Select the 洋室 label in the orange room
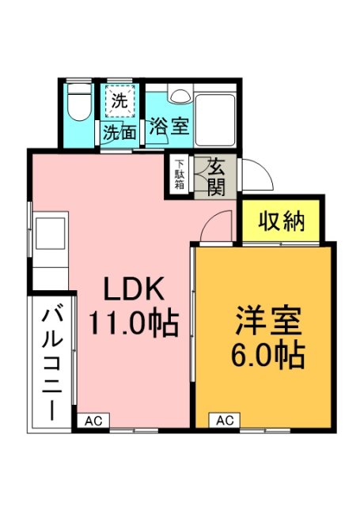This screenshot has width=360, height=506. click(x=267, y=323)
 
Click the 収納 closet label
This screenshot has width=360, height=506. click(x=281, y=222)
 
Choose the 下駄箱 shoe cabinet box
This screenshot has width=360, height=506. click(x=180, y=175)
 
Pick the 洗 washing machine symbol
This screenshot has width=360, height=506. click(x=119, y=101)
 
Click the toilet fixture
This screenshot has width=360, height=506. click(x=78, y=105)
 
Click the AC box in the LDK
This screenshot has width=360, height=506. click(x=92, y=421)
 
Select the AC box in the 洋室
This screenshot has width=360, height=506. click(x=224, y=421)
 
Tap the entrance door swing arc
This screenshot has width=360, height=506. click(x=255, y=173)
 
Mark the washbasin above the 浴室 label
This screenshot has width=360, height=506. click(x=178, y=96)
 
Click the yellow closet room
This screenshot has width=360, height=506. click(x=281, y=222)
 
